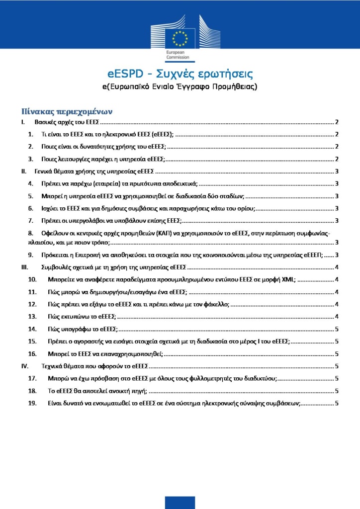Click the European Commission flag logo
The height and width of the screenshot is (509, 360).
pyautogui.click(x=180, y=37)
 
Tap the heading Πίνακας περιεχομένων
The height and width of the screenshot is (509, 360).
pyautogui.click(x=68, y=110)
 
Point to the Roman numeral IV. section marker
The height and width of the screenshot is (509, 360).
pyautogui.click(x=24, y=366)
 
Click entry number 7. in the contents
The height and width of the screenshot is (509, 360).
pyautogui.click(x=30, y=221)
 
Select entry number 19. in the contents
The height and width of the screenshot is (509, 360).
pyautogui.click(x=32, y=403)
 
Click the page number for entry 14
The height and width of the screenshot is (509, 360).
pyautogui.click(x=337, y=329)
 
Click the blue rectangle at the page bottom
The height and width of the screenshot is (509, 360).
pyautogui.click(x=180, y=502)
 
